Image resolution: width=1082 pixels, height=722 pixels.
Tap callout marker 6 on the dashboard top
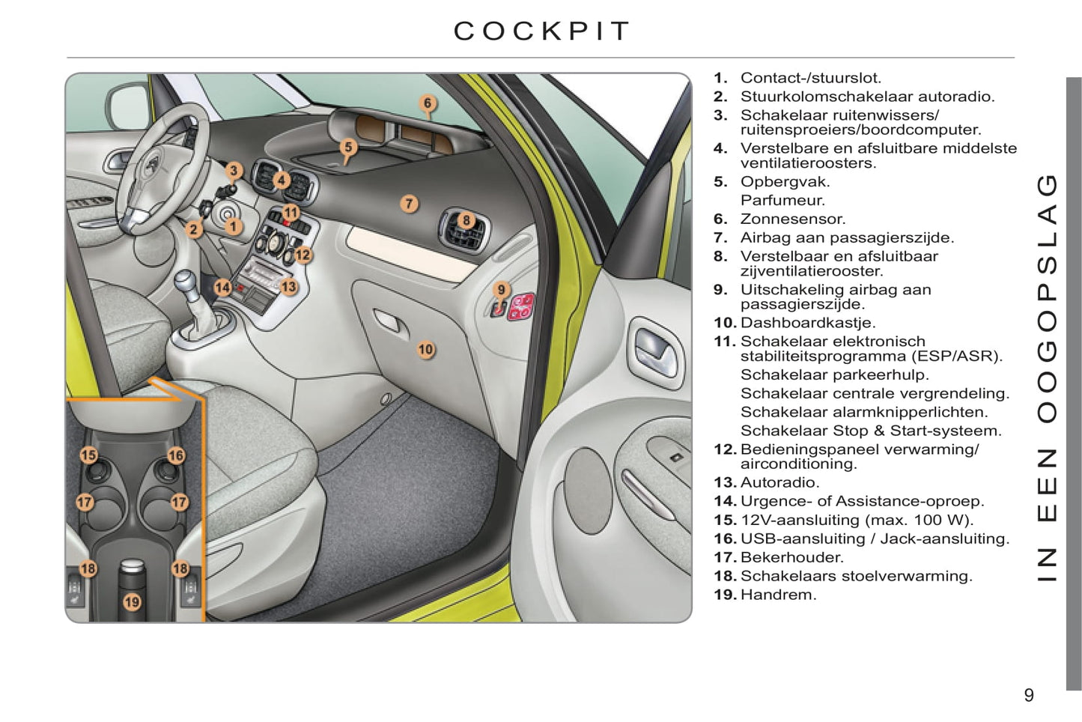point(428,103)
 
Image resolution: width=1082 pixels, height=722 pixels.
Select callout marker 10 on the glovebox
point(425,349)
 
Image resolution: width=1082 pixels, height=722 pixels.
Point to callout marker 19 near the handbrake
point(132,601)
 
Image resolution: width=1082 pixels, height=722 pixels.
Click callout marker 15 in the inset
point(88,455)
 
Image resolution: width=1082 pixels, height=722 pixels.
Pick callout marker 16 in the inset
point(176,455)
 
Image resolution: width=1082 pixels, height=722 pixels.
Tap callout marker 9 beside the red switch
point(502,290)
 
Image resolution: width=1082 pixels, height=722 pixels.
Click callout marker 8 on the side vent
point(466,220)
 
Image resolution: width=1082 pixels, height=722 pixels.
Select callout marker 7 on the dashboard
point(409,203)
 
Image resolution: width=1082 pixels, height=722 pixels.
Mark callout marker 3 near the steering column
point(234,171)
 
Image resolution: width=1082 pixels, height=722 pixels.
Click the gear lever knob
point(187,283)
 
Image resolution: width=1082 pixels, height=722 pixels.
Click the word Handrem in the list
point(778,595)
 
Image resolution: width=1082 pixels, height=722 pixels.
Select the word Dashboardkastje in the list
point(807,323)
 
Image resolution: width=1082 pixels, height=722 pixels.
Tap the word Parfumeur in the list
point(782,200)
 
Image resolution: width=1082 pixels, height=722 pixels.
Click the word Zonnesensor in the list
point(792,219)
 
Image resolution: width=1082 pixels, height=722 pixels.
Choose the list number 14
point(725,501)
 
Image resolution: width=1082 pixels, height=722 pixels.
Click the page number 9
point(1029,695)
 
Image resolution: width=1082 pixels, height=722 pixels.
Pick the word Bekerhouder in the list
point(791,557)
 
